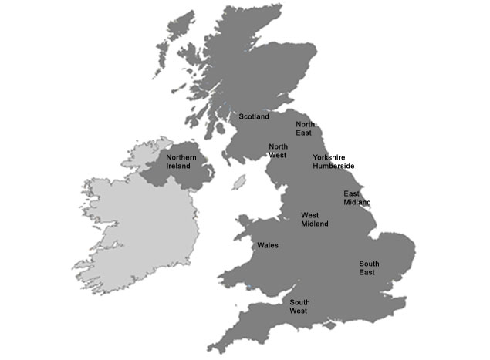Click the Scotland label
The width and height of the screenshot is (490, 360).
click(254, 117)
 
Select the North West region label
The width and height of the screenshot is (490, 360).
click(277, 150)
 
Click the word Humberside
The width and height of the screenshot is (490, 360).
click(333, 166)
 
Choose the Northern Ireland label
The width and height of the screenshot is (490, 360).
click(181, 161)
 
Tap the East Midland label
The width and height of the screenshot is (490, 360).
click(357, 198)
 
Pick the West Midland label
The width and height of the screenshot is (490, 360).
click(314, 220)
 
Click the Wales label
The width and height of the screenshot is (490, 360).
click(268, 246)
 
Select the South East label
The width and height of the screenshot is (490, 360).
click(369, 268)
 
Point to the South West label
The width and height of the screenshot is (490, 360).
click(299, 306)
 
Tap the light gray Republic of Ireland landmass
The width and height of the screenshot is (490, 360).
click(139, 231)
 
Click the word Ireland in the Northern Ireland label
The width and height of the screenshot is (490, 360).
click(178, 166)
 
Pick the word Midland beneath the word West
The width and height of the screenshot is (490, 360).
click(314, 224)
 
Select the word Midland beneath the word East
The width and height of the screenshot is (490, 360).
click(357, 203)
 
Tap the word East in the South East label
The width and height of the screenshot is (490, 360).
click(367, 273)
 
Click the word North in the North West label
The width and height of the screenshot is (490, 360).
click(277, 146)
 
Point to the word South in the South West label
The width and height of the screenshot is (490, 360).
click(299, 301)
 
